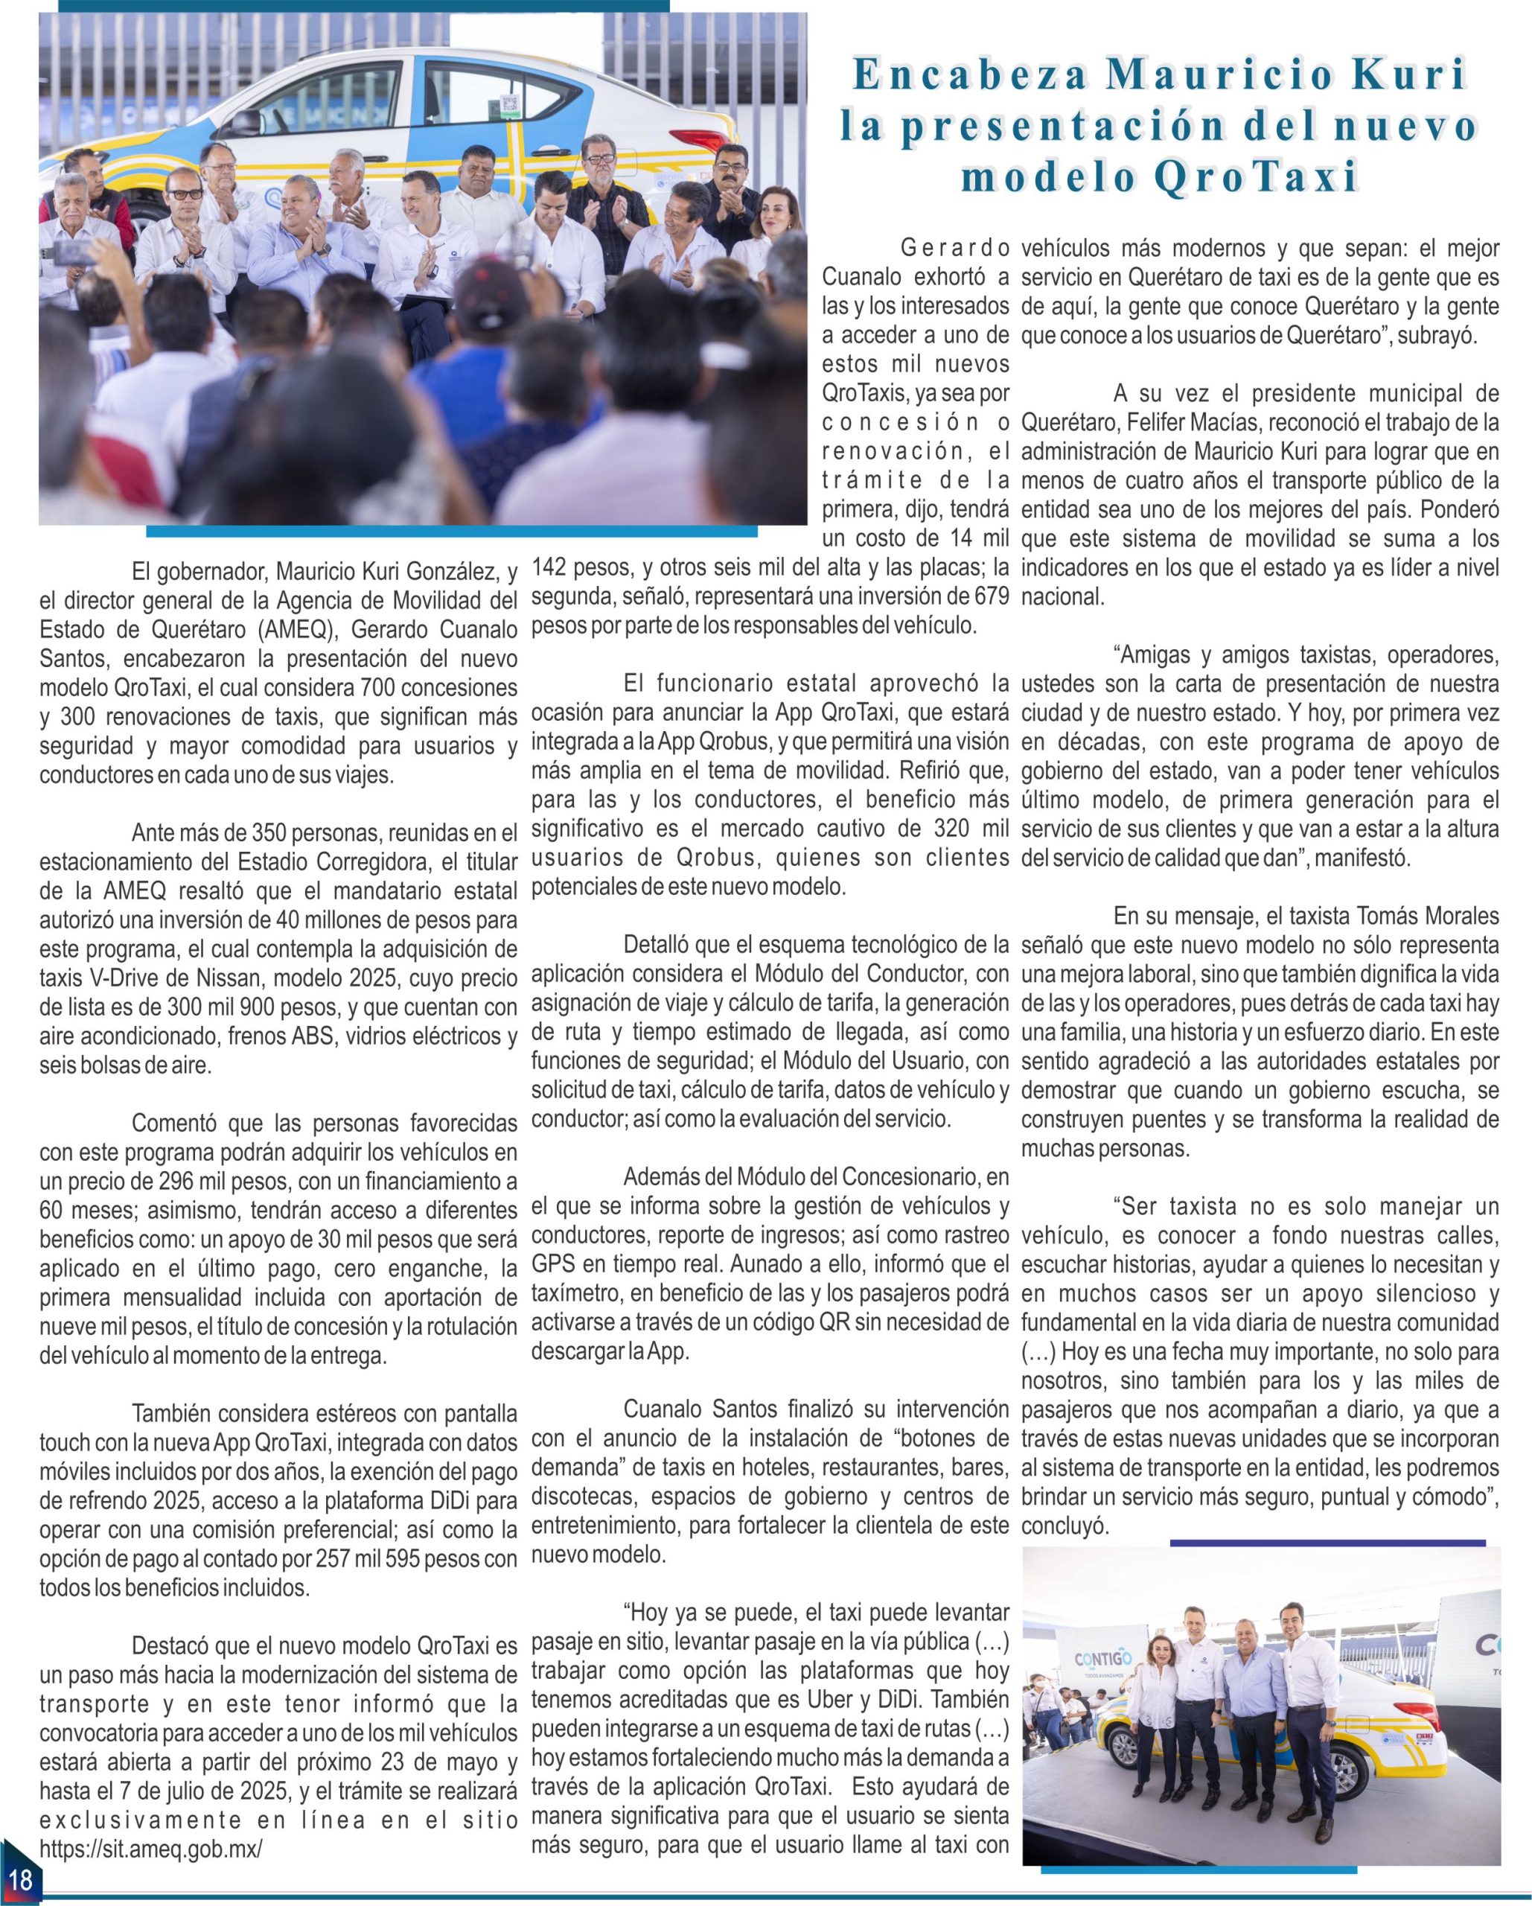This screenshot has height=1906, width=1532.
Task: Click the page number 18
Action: click(19, 1878)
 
